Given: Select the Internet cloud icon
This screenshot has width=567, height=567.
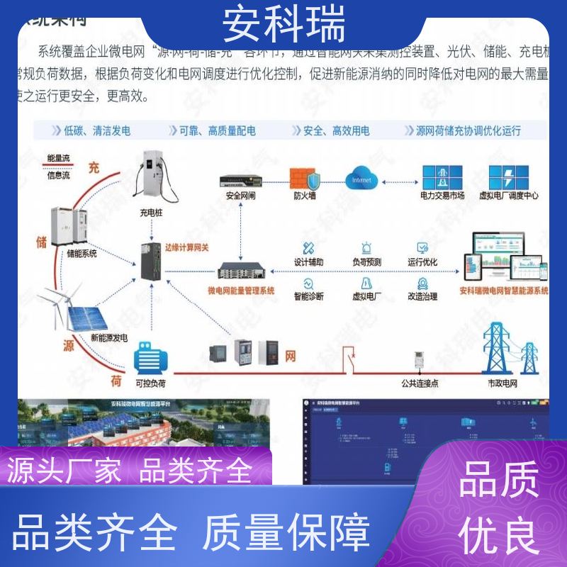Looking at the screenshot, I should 361,179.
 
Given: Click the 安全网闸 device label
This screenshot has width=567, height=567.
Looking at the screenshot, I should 240,196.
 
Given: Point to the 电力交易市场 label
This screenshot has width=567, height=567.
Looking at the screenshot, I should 442,196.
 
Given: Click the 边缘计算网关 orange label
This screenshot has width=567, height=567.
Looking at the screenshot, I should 186,247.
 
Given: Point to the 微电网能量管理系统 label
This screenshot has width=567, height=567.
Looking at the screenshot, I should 240,290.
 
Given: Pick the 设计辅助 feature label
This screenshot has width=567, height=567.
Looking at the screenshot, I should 308,262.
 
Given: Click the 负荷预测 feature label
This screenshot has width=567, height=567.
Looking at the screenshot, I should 366,262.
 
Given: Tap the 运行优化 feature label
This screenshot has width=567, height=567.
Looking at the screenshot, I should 422,262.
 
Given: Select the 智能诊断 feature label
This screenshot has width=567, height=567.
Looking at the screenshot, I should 308,296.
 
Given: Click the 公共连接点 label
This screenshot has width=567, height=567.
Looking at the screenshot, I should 420,383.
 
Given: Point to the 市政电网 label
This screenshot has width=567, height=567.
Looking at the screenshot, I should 504,383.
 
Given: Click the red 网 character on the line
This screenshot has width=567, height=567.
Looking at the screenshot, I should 291,357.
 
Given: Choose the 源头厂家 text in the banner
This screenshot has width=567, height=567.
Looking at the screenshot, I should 64,470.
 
